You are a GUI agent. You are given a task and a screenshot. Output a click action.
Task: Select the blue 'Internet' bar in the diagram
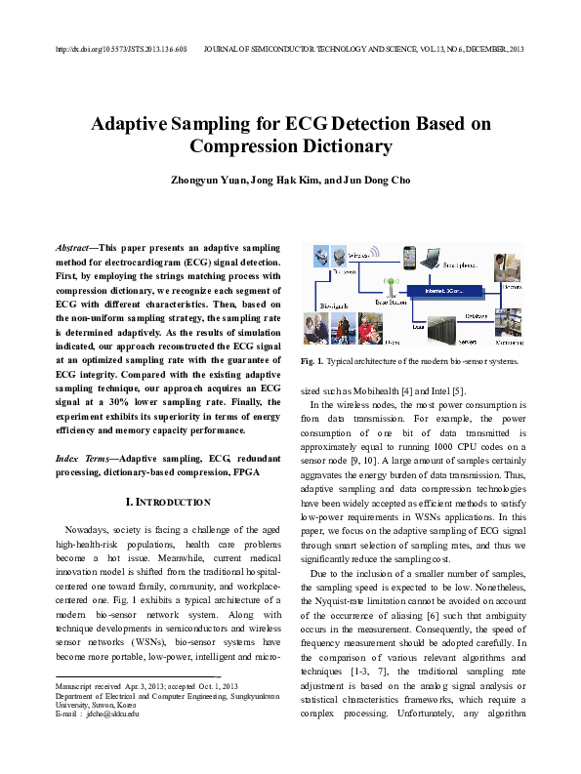[450, 290]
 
